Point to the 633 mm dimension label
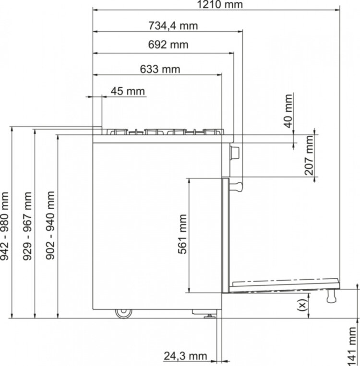(160, 69)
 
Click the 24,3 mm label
(185, 356)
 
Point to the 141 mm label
(353, 344)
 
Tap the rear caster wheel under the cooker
(123, 312)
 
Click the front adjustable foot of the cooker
(211, 315)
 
